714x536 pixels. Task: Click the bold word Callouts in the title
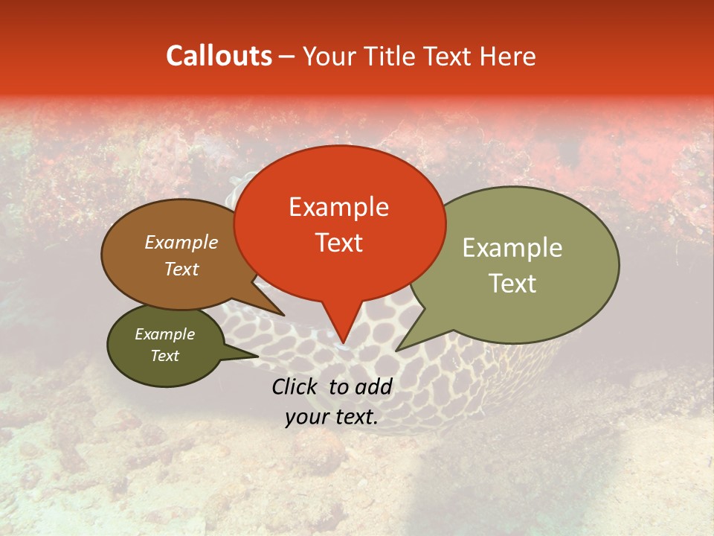pos(219,56)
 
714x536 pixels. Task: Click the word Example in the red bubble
pos(338,207)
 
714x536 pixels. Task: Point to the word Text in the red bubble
pos(338,243)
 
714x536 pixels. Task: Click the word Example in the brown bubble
pos(181,242)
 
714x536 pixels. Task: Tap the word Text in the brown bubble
pos(181,269)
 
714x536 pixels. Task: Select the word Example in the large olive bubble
pos(512,248)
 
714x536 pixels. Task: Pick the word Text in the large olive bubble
pos(512,284)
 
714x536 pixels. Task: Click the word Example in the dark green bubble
pos(164,334)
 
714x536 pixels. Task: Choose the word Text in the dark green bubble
pos(164,356)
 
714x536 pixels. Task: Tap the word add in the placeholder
pos(374,386)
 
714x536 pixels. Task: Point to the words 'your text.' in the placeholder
pos(331,418)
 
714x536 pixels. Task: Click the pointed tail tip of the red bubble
pos(343,345)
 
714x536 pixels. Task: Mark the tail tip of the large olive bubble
pos(396,350)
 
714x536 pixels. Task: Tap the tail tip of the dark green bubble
pos(257,356)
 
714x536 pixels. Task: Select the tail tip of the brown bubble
pos(283,315)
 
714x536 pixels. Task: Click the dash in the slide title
pos(287,56)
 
